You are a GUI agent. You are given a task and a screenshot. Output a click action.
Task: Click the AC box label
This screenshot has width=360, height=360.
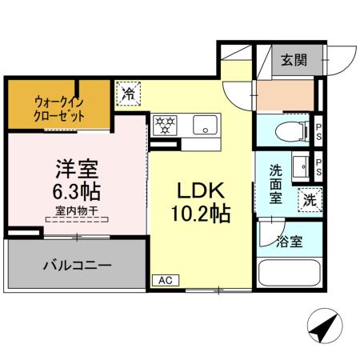(165, 280)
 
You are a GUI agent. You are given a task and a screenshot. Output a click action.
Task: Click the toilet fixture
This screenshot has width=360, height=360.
(286, 131)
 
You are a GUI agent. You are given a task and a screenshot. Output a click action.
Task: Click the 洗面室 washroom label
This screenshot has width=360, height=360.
(276, 184)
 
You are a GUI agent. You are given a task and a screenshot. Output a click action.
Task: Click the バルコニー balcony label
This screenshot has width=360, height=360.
(76, 264)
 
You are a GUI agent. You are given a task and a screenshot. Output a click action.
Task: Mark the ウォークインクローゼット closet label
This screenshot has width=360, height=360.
(58, 110)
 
